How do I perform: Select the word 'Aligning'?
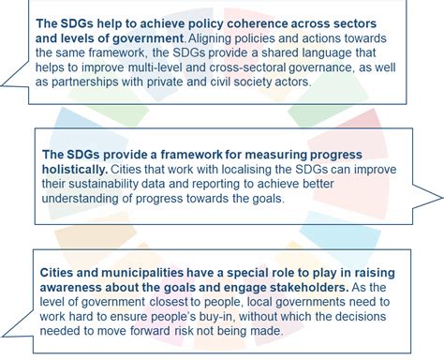(213, 40)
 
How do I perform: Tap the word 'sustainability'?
(97, 185)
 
